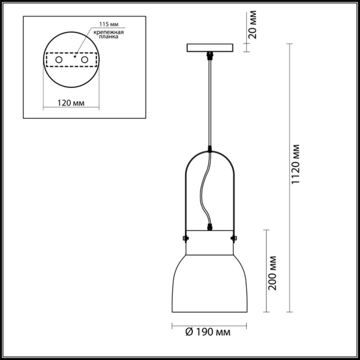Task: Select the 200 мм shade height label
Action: (x=272, y=273)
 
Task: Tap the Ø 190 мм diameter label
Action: (x=208, y=332)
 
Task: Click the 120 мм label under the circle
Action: (x=71, y=103)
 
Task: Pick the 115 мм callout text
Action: (x=109, y=24)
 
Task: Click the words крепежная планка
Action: (x=109, y=34)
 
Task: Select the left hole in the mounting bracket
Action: (x=59, y=60)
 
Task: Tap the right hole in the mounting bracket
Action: (x=84, y=60)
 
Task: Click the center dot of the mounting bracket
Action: (x=75, y=57)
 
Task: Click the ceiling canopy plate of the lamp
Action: (x=210, y=48)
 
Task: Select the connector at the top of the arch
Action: (x=209, y=149)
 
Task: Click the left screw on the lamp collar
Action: (x=186, y=238)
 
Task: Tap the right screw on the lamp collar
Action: (x=233, y=238)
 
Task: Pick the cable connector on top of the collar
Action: (x=210, y=227)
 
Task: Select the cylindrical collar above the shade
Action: (x=210, y=243)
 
